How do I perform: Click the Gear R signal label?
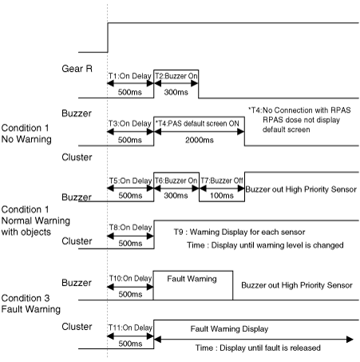[77, 69]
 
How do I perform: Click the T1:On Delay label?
[130, 76]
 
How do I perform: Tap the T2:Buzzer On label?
[176, 76]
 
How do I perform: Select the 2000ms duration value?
[200, 140]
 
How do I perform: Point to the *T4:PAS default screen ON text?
[197, 124]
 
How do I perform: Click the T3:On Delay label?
[130, 124]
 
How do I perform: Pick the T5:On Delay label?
[130, 181]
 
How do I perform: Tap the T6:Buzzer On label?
[176, 181]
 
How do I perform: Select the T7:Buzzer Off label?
[222, 181]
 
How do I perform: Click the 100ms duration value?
[222, 196]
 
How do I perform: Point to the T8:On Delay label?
[130, 228]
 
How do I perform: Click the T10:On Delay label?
[130, 278]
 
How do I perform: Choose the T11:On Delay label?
[130, 328]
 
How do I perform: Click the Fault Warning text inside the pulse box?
[192, 279]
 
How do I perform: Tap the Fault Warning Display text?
[229, 329]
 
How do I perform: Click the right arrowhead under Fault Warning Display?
[350, 340]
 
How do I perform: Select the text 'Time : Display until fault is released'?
[258, 348]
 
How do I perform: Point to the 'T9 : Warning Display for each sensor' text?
[239, 232]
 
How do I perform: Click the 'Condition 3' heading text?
[26, 298]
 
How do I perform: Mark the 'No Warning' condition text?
[26, 139]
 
